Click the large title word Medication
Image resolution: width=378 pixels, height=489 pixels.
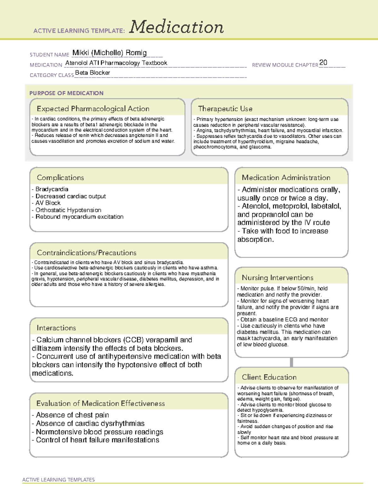tap(176, 27)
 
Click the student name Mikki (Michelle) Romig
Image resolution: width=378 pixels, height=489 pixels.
tap(109, 53)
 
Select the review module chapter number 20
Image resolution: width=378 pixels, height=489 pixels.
tap(323, 62)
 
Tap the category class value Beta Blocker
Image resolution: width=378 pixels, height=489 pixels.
tap(93, 73)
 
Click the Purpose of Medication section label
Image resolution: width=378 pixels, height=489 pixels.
tap(66, 93)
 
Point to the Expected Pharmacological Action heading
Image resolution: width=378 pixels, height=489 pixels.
tap(93, 109)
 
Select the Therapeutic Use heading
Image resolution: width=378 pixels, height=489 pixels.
tap(225, 109)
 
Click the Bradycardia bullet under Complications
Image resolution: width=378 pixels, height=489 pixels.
tap(51, 189)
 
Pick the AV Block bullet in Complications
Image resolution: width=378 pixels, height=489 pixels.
tap(48, 203)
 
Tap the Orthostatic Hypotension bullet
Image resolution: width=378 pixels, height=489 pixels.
tap(68, 210)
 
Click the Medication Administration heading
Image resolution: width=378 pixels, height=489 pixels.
tap(286, 178)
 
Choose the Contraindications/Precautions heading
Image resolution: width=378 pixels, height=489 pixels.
tap(87, 253)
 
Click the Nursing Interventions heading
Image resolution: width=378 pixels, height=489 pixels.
tap(278, 278)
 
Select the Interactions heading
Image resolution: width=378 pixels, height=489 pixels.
tap(56, 328)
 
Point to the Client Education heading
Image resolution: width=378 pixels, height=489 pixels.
tap(269, 377)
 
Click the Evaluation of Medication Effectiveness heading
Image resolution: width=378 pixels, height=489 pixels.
tap(100, 403)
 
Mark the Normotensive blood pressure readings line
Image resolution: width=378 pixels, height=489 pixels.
tap(99, 432)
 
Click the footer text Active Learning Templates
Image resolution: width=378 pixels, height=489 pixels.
tap(59, 480)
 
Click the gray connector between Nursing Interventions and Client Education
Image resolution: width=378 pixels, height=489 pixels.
tap(291, 362)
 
